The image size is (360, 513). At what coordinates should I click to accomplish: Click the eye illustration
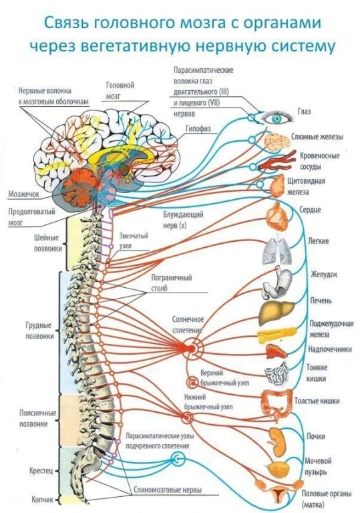pyautogui.click(x=277, y=118)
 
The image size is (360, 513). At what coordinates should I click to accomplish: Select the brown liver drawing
pyautogui.click(x=277, y=313)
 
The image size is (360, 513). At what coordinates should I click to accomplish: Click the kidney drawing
pyautogui.click(x=277, y=442)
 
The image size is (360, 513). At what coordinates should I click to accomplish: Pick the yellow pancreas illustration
pyautogui.click(x=277, y=335)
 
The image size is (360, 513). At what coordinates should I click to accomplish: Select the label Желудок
pyautogui.click(x=324, y=275)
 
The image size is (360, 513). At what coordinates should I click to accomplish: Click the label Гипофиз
pyautogui.click(x=198, y=128)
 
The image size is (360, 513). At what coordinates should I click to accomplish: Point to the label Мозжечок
pyautogui.click(x=23, y=194)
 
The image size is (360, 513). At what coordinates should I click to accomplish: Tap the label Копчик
pyautogui.click(x=42, y=500)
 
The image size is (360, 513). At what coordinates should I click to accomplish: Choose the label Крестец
pyautogui.click(x=41, y=471)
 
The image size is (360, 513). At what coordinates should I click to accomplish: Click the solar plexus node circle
pyautogui.click(x=192, y=348)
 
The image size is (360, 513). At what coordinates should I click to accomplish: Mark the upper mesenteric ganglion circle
pyautogui.click(x=192, y=383)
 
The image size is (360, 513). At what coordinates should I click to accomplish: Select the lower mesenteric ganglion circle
pyautogui.click(x=187, y=417)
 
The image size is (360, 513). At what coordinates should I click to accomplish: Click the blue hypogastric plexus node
pyautogui.click(x=178, y=460)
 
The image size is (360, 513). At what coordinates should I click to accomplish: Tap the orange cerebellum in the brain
pyautogui.click(x=80, y=185)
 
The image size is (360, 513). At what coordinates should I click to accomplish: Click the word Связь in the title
pyautogui.click(x=65, y=23)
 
